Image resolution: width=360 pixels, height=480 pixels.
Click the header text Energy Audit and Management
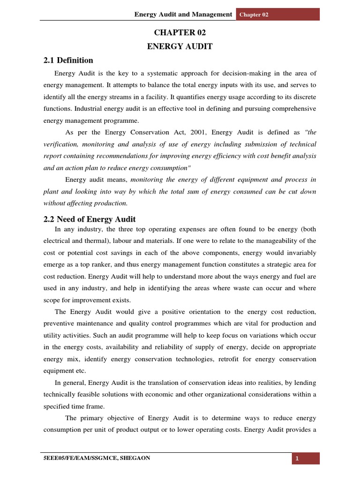(x=183, y=15)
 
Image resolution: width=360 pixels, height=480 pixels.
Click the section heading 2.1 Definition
(x=68, y=60)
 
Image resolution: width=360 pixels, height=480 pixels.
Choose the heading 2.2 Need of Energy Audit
(x=89, y=219)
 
